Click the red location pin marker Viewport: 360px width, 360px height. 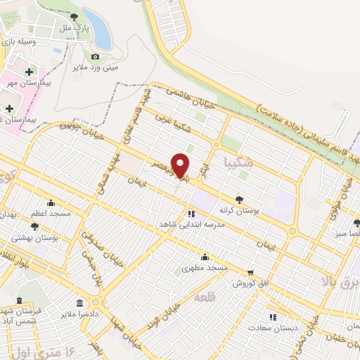pyautogui.click(x=181, y=165)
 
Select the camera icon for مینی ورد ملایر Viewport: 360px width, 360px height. pyautogui.click(x=96, y=57)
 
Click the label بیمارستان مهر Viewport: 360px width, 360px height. pyautogui.click(x=26, y=83)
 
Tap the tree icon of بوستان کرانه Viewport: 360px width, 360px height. pyautogui.click(x=240, y=200)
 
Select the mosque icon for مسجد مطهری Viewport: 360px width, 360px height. pyautogui.click(x=205, y=257)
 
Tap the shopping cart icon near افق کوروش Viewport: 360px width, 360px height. pyautogui.click(x=250, y=271)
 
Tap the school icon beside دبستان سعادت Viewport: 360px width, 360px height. pyautogui.click(x=273, y=317)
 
